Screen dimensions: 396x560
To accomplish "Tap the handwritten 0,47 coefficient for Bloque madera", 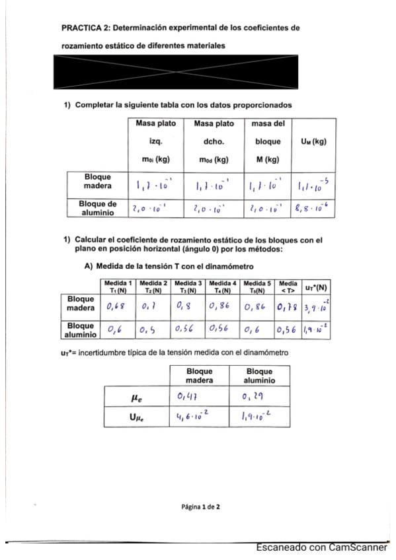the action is [x=188, y=396].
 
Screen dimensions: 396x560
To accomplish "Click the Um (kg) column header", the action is [x=314, y=141].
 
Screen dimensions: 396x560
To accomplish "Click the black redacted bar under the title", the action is [x=198, y=72].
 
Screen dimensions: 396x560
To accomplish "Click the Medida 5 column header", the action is [x=257, y=287].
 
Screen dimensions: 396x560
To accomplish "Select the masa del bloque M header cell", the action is [x=268, y=141].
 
